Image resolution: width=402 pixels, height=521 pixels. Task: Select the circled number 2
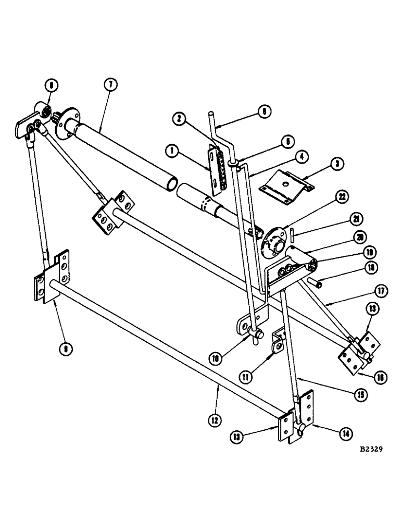point(179,119)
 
